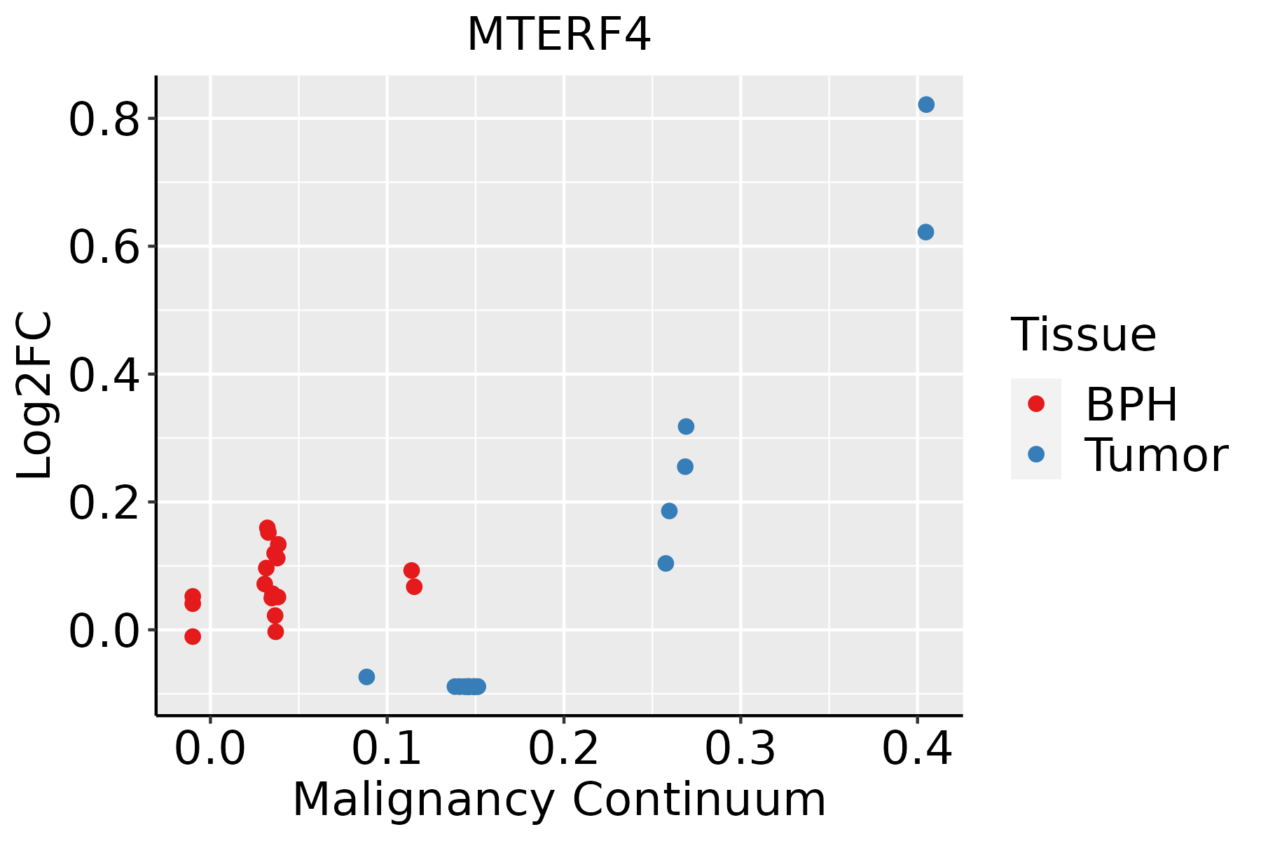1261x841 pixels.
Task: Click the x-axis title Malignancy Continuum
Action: [558, 800]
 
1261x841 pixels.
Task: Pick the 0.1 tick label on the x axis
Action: [387, 748]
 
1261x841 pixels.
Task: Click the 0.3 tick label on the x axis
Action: [740, 748]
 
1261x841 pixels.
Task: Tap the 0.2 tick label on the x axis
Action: [563, 748]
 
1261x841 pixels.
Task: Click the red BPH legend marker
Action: [1035, 404]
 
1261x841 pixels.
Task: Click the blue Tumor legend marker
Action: [1035, 454]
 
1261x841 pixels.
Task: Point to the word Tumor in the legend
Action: [1156, 456]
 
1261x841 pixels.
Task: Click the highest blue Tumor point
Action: [926, 104]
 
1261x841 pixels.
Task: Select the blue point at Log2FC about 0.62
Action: [925, 232]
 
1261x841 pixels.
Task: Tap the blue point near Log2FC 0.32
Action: [686, 426]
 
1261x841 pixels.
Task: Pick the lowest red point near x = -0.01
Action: [193, 636]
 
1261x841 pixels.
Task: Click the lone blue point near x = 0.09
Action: [366, 676]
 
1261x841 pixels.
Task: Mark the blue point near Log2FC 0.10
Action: [666, 563]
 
